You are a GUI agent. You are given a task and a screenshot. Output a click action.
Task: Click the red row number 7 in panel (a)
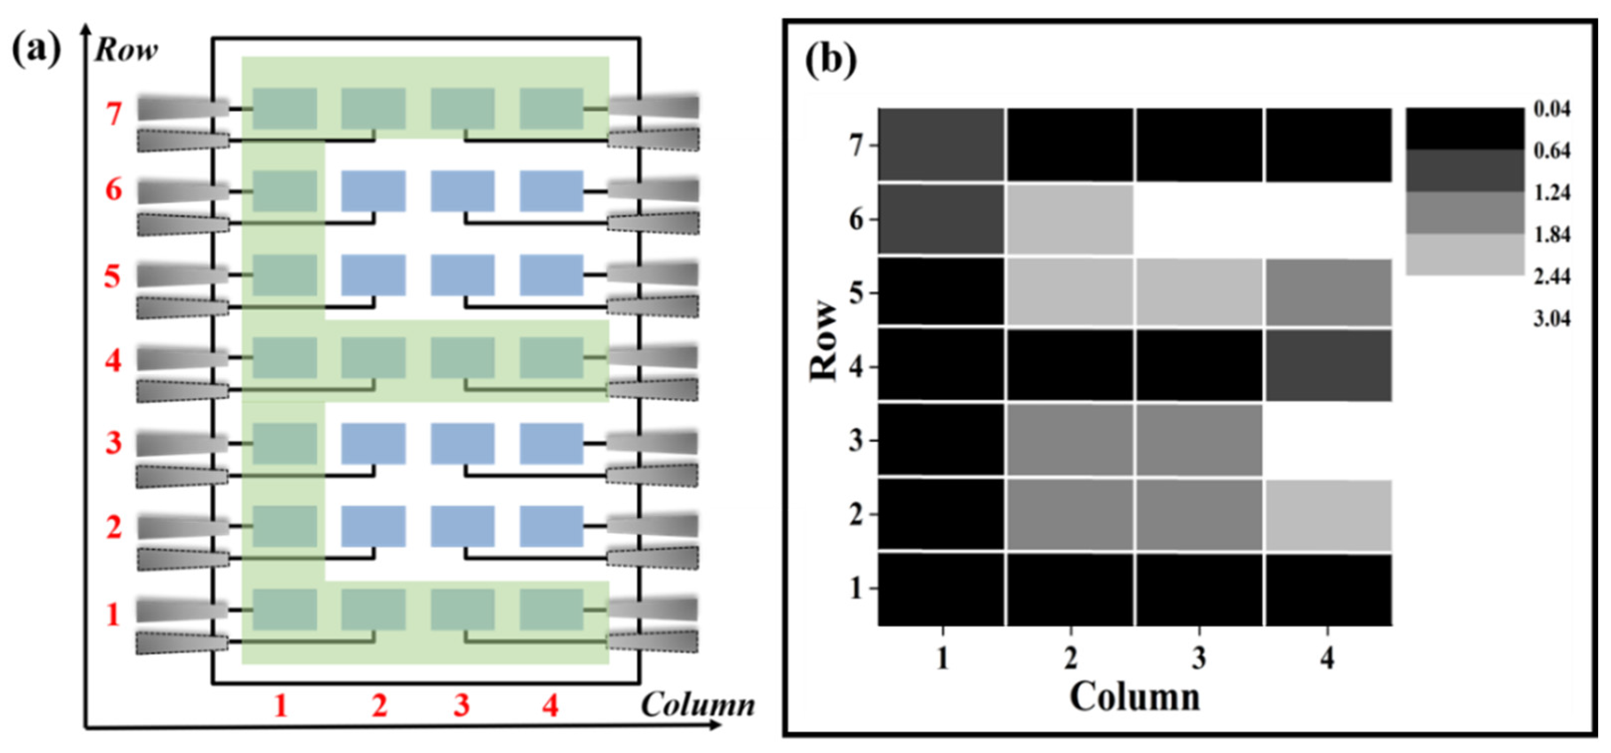113,114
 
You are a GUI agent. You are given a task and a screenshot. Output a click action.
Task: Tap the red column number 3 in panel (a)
461,705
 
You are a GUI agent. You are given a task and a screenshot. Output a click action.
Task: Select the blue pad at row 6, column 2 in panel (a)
373,191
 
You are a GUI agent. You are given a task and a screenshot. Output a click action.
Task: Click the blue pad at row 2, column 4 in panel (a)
552,526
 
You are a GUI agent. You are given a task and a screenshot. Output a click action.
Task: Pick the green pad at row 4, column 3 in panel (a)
463,358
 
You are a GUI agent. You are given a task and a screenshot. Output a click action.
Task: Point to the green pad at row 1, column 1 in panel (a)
284,609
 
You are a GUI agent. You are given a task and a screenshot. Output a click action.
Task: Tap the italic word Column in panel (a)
698,705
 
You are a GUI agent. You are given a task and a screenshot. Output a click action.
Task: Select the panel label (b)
830,62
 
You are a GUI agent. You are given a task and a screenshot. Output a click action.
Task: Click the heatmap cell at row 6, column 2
1070,220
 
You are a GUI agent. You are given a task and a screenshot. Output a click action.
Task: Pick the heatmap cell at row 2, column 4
1328,515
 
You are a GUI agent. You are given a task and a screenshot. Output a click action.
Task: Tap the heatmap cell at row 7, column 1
941,145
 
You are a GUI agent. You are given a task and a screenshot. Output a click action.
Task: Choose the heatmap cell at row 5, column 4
1328,292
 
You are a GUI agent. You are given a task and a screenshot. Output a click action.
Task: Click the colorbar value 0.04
1552,109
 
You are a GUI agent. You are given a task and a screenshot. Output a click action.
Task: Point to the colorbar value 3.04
1552,319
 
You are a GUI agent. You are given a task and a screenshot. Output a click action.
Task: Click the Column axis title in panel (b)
1135,697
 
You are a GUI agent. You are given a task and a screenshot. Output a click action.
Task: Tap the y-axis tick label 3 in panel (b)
855,441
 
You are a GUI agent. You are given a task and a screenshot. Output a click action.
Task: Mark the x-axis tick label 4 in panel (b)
1327,658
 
